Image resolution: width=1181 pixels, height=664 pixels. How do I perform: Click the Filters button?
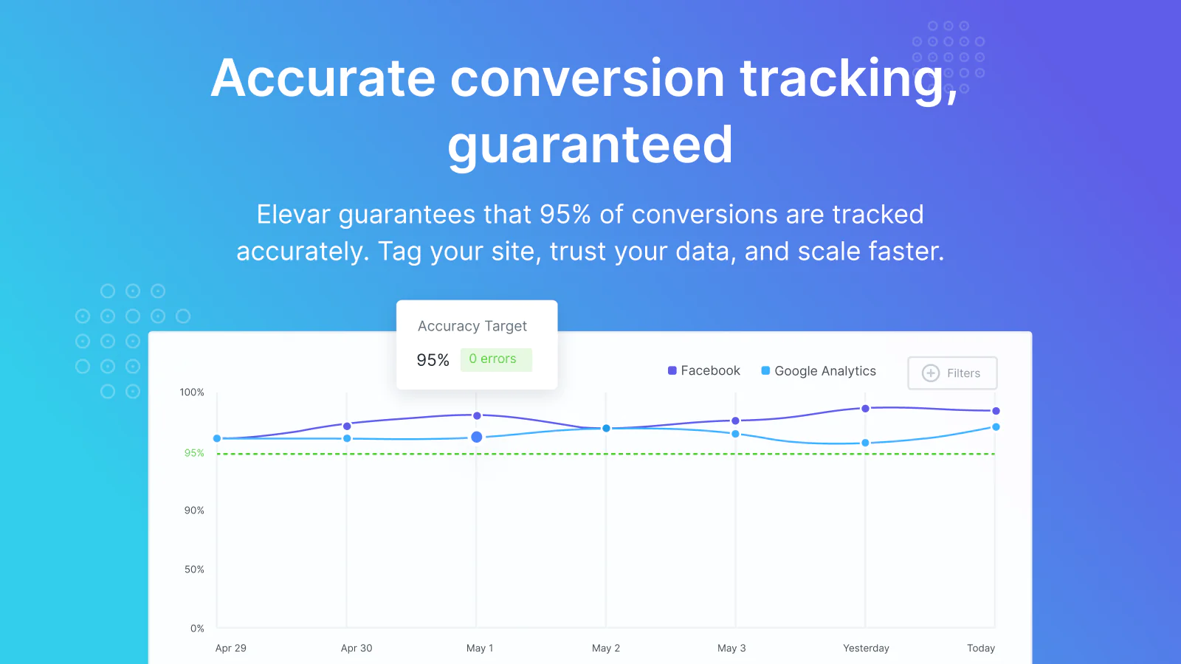(x=952, y=373)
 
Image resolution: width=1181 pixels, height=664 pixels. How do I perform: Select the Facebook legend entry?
(x=704, y=370)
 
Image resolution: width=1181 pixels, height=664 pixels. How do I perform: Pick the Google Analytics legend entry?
(x=819, y=371)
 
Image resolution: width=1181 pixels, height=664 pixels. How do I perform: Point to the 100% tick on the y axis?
(x=191, y=392)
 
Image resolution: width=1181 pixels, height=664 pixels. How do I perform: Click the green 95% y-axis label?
(x=194, y=453)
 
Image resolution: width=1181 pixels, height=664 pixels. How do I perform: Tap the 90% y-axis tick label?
(x=194, y=510)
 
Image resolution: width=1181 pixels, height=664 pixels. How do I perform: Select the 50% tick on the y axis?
(x=194, y=569)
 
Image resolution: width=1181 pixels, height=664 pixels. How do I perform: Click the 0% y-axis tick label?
(x=197, y=628)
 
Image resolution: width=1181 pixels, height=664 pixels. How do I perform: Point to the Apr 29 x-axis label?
(x=230, y=649)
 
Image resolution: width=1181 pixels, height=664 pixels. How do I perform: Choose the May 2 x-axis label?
(x=606, y=649)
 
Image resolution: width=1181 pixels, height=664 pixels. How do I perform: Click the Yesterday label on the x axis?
(x=866, y=649)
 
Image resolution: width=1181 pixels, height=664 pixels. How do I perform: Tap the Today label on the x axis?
(x=981, y=649)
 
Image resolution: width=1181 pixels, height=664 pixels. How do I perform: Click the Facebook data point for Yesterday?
(x=865, y=409)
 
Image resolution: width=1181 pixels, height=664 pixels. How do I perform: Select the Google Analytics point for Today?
(x=996, y=427)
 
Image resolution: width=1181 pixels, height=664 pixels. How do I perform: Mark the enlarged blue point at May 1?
(x=477, y=437)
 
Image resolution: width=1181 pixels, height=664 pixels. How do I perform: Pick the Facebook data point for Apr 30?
(x=347, y=426)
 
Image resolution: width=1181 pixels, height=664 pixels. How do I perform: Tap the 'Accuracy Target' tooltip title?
(x=472, y=326)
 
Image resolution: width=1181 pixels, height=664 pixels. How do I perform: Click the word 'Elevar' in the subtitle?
(x=293, y=214)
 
